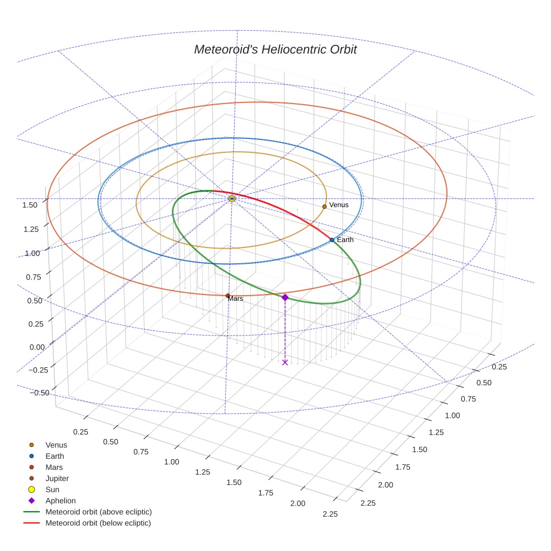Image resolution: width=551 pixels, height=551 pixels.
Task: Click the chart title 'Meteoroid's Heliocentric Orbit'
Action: coord(275,49)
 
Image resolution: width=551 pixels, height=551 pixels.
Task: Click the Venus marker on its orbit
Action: coord(324,207)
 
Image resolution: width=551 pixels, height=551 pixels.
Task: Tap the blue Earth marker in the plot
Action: coord(331,240)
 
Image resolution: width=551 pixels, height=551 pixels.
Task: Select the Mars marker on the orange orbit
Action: coord(227,296)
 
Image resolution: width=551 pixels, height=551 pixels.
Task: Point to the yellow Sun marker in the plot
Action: coord(232,199)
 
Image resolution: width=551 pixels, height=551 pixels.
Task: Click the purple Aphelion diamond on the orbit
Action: coord(285,297)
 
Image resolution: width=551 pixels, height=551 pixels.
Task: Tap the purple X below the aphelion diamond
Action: coord(285,362)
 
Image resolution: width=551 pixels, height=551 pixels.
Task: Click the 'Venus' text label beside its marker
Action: coord(339,205)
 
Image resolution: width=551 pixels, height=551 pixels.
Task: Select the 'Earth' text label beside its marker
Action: coord(345,240)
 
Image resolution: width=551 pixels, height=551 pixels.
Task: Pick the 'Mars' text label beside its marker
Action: coord(236,299)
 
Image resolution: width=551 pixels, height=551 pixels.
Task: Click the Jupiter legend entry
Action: coord(57,478)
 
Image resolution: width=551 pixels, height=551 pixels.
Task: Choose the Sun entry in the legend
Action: coord(52,489)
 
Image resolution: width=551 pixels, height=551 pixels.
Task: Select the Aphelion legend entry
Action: coord(60,501)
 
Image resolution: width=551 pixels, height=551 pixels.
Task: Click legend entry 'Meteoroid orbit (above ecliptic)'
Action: coord(99,512)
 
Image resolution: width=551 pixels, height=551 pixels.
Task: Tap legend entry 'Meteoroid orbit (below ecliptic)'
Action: coord(98,523)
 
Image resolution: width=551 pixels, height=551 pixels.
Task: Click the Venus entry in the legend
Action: coord(56,445)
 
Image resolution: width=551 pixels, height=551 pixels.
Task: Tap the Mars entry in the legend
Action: coord(54,467)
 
